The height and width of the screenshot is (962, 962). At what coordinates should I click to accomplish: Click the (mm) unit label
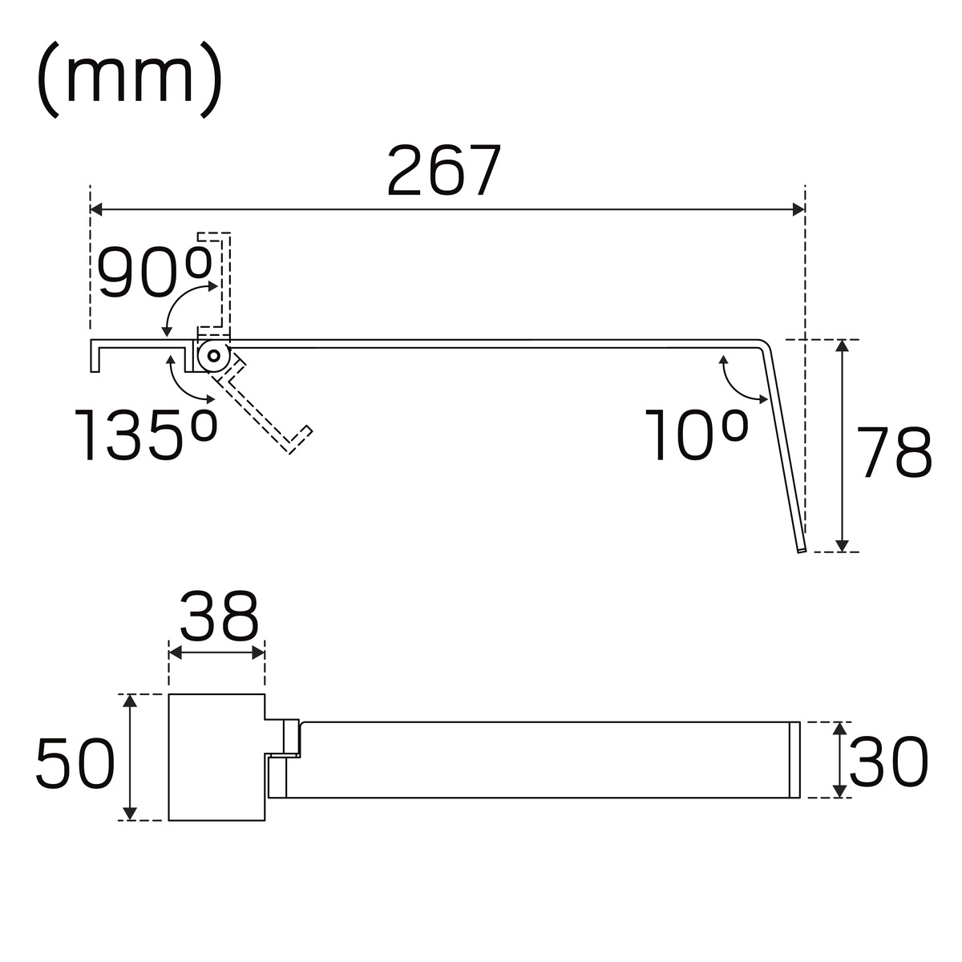click(x=130, y=80)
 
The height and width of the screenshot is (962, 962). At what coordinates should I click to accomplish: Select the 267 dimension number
click(x=444, y=171)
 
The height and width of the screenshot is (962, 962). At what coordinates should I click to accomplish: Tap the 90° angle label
click(x=154, y=272)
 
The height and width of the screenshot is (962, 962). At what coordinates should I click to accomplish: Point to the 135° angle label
click(x=146, y=435)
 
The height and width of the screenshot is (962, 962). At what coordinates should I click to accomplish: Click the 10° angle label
click(x=697, y=435)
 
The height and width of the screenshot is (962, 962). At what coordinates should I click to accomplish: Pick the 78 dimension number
click(x=894, y=452)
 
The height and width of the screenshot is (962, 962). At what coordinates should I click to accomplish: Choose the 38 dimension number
click(x=219, y=616)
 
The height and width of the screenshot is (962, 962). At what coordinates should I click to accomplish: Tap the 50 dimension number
click(x=75, y=764)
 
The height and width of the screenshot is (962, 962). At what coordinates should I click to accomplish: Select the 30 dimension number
click(x=888, y=762)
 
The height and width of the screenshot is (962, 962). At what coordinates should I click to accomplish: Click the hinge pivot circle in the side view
click(x=214, y=356)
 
